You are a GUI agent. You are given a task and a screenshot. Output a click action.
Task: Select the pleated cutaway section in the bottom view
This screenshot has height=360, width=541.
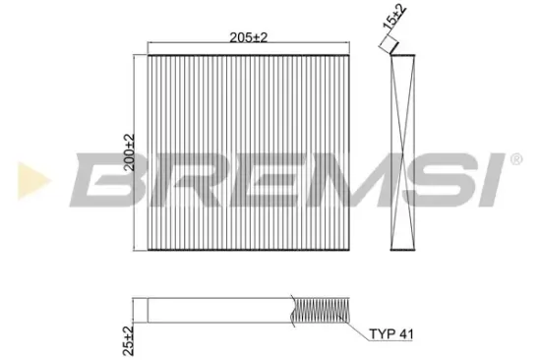pyautogui.click(x=321, y=311)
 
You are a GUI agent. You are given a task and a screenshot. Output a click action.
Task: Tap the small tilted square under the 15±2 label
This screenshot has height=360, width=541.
pyautogui.click(x=391, y=43)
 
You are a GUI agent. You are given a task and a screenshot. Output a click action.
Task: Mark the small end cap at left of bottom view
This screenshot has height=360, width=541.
pyautogui.click(x=141, y=311)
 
